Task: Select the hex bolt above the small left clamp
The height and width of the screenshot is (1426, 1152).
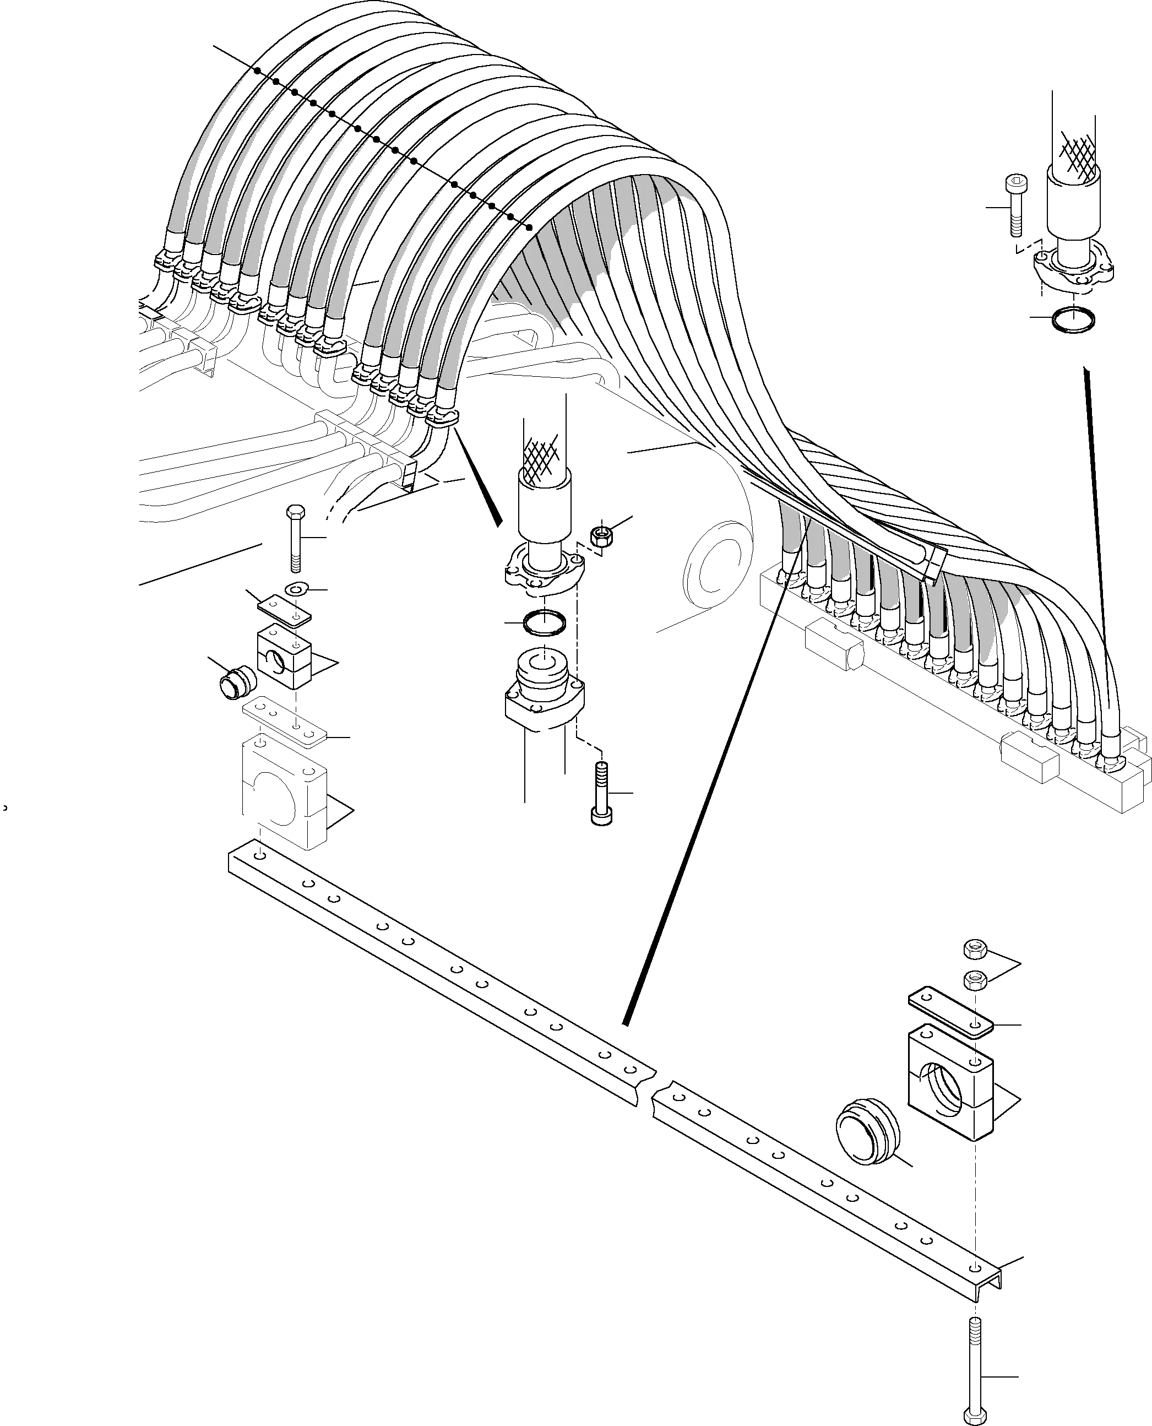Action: point(295,538)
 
